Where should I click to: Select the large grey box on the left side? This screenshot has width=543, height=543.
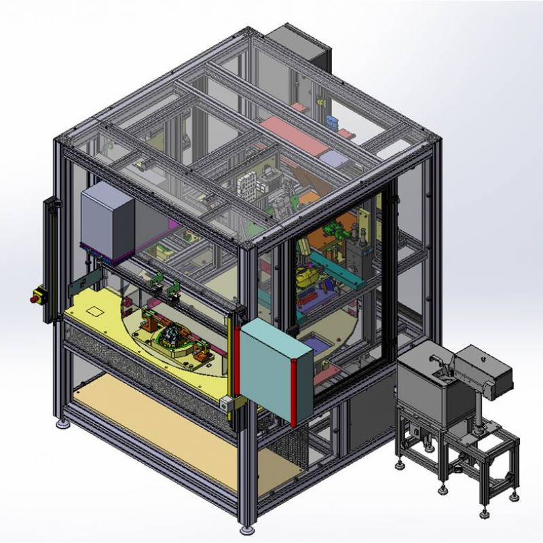[x=108, y=221]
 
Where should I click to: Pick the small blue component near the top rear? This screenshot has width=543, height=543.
[x=332, y=122]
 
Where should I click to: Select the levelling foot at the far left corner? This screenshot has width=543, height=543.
[x=64, y=425]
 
